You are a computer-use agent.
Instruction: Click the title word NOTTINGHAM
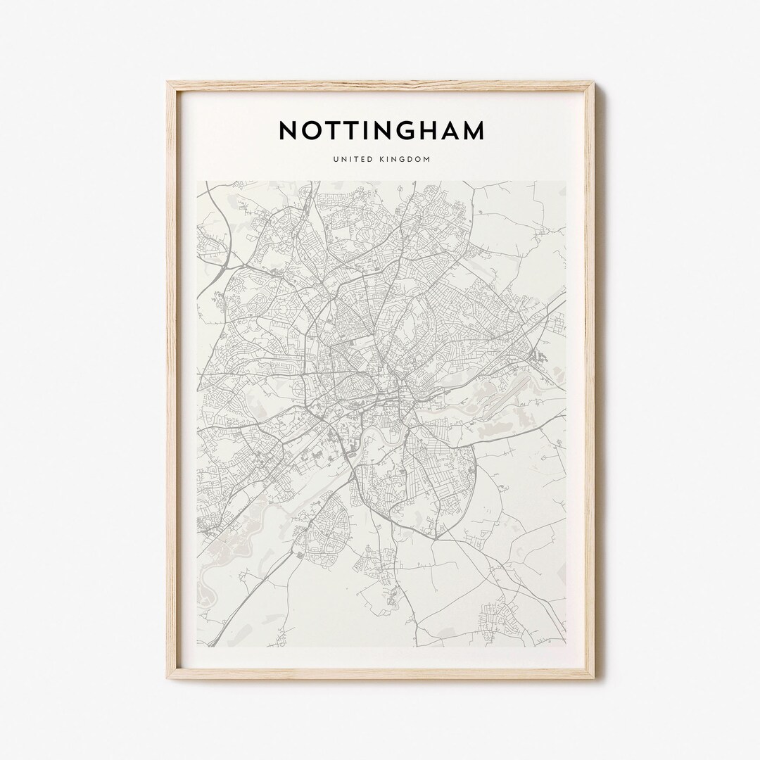(381, 131)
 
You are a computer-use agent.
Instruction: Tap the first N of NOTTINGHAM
(288, 131)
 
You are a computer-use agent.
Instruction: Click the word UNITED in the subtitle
(354, 159)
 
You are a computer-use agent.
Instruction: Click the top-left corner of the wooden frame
(167, 82)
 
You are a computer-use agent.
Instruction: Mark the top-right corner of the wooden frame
(594, 82)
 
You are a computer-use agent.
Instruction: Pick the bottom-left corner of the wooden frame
(167, 678)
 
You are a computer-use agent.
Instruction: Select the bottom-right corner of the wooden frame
(594, 678)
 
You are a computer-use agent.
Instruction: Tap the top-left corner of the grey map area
(198, 182)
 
